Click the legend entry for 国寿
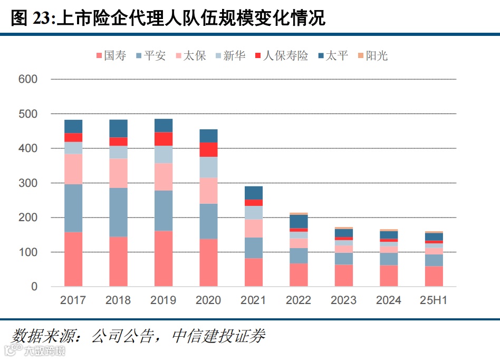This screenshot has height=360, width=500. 111,55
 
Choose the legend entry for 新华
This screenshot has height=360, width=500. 229,55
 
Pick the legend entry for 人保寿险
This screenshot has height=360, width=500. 281,55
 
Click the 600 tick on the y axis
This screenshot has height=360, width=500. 27,79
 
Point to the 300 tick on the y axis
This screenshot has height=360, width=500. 27,183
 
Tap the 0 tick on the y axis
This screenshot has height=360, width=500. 34,287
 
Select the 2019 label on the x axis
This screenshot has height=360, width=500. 164,300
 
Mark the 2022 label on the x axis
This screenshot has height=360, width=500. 299,300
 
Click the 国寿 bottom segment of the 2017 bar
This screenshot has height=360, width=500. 73,259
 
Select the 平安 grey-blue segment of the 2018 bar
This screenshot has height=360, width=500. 118,212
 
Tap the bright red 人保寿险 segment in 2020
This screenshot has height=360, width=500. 208,149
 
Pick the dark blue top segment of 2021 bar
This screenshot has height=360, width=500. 254,193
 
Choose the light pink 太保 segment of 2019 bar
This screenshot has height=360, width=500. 164,176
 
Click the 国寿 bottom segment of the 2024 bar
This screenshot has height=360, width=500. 389,276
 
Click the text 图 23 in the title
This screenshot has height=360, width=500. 30,19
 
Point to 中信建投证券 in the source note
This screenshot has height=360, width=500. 218,336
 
